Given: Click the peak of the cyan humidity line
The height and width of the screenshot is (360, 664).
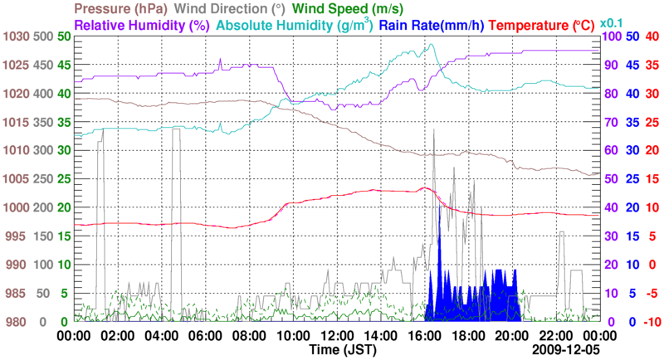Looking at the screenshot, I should [x=429, y=45].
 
